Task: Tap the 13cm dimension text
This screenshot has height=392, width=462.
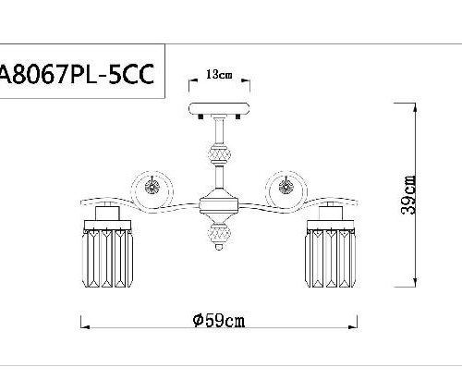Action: coord(219,72)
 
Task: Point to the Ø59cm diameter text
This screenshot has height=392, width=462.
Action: coord(219,320)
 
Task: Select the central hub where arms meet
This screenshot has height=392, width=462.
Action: coord(220,204)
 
